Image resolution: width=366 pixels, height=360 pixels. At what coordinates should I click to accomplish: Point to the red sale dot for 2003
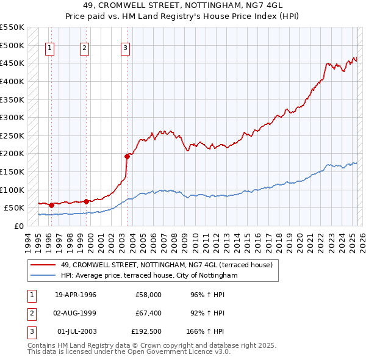pyautogui.click(x=127, y=156)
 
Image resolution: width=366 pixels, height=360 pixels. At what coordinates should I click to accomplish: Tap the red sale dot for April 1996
pyautogui.click(x=51, y=205)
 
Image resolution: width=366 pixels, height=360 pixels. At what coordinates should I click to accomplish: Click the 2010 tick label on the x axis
pyautogui.click(x=195, y=240)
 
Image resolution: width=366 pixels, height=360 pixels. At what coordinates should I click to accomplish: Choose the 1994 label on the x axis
pyautogui.click(x=27, y=240)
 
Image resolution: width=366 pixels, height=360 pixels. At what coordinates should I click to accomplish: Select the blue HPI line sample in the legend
pyautogui.click(x=43, y=276)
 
